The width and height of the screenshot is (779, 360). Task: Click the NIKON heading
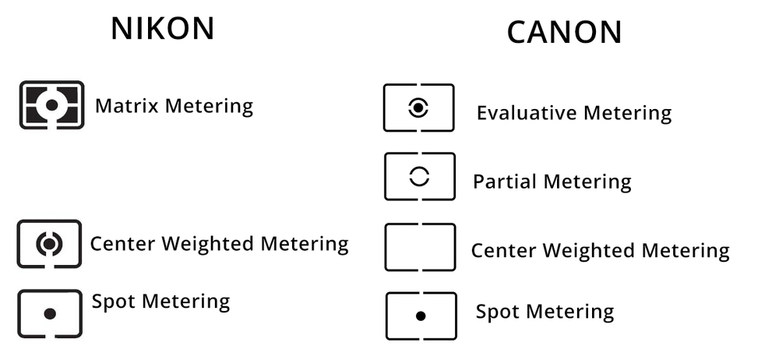click(x=163, y=29)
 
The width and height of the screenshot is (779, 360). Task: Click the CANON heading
click(x=564, y=33)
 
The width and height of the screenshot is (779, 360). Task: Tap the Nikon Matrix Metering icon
click(x=51, y=105)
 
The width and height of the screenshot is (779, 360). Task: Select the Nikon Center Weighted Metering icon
click(x=50, y=244)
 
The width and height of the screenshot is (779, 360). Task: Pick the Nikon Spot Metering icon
click(x=50, y=314)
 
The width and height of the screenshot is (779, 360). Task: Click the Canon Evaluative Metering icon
click(x=419, y=108)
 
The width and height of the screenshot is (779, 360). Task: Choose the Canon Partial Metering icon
click(x=420, y=177)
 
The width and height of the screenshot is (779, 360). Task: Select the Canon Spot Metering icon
click(x=421, y=316)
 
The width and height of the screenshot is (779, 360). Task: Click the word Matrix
click(x=127, y=106)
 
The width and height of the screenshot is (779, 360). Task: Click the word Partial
click(x=505, y=182)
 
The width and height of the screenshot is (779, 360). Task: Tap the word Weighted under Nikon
click(x=208, y=244)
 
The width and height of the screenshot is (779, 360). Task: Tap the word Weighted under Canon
click(x=589, y=250)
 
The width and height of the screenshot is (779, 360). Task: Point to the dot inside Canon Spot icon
click(x=421, y=316)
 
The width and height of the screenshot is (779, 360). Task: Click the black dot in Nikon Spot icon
click(x=50, y=314)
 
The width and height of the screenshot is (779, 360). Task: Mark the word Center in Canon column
click(x=504, y=250)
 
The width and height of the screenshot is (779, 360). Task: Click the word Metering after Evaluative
click(x=627, y=113)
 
